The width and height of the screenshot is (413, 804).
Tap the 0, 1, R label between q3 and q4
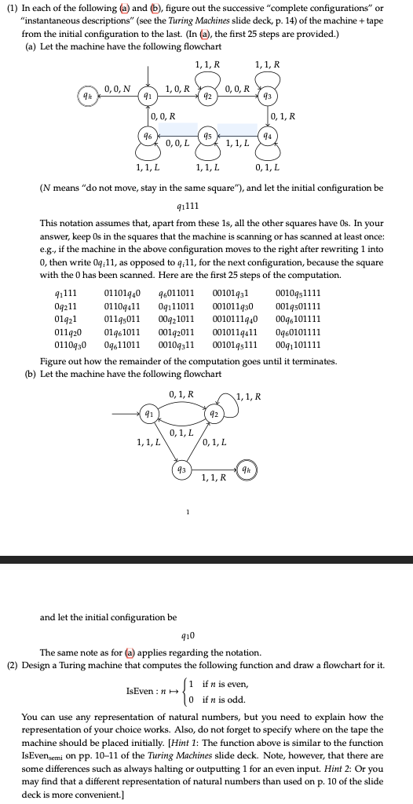pyautogui.click(x=282, y=117)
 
